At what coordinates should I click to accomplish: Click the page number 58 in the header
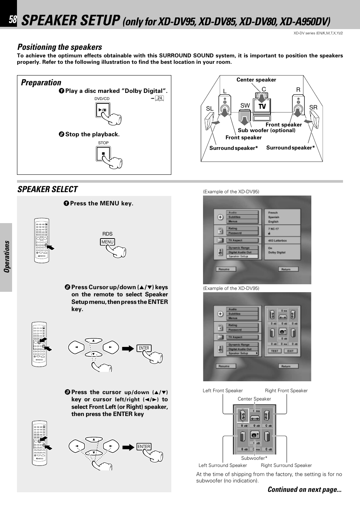coord(13,20)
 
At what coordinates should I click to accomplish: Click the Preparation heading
coord(41,82)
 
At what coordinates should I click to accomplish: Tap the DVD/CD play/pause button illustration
coord(102,110)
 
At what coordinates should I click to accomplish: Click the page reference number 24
coord(160,98)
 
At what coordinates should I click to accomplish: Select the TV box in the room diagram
coord(262,106)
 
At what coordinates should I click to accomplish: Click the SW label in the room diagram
coord(245,106)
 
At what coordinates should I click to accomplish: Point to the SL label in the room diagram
coord(210,109)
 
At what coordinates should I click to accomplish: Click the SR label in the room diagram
coord(313,108)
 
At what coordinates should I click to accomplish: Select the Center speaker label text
coord(256,80)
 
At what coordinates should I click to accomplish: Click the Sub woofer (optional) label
coord(266,130)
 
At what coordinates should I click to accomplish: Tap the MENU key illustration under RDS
coord(108,242)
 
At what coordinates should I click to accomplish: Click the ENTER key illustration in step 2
coord(144,348)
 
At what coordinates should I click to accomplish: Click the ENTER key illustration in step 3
coord(144,447)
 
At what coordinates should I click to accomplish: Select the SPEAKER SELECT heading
coord(48,189)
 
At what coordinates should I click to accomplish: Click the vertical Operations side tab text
coord(7,257)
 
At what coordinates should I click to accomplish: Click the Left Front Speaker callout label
coord(223,391)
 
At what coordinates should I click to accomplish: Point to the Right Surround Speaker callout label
coord(286,465)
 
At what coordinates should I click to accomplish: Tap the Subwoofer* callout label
coord(254,458)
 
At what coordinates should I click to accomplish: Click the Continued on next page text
coord(304,490)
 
